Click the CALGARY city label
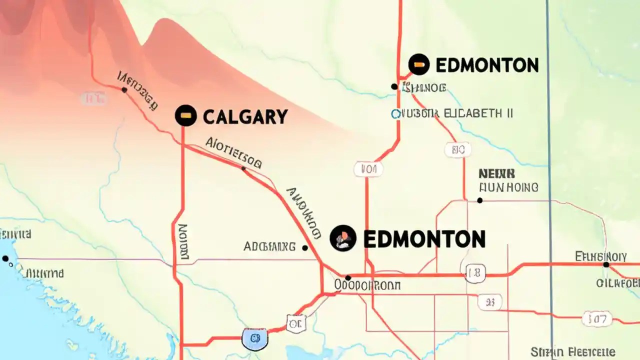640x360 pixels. (x=245, y=116)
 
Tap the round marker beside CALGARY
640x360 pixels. (x=185, y=115)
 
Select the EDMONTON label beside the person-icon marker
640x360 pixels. (x=424, y=239)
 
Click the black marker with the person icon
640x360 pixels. (x=343, y=238)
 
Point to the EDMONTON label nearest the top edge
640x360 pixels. (x=487, y=65)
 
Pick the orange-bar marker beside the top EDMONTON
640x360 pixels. (x=419, y=64)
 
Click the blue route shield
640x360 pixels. (x=254, y=338)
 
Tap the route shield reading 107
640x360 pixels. (x=596, y=317)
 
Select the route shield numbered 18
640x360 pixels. (x=475, y=273)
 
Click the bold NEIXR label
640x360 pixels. (x=496, y=174)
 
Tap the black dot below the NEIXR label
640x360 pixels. (x=480, y=200)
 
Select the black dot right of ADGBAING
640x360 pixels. (x=305, y=247)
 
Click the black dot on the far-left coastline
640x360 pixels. (x=5, y=258)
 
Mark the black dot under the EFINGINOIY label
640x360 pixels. (x=606, y=264)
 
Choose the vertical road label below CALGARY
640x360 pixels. (x=183, y=242)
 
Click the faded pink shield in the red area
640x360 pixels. (x=93, y=98)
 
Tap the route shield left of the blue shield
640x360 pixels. (x=295, y=324)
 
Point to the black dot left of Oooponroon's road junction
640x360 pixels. (x=348, y=277)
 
